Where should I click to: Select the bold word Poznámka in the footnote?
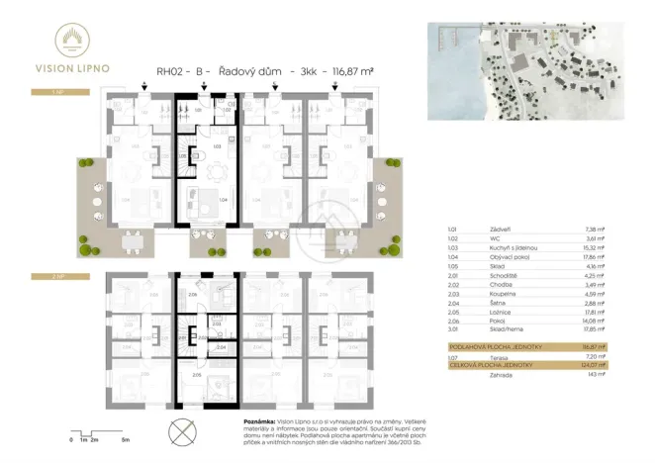click(261, 420)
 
